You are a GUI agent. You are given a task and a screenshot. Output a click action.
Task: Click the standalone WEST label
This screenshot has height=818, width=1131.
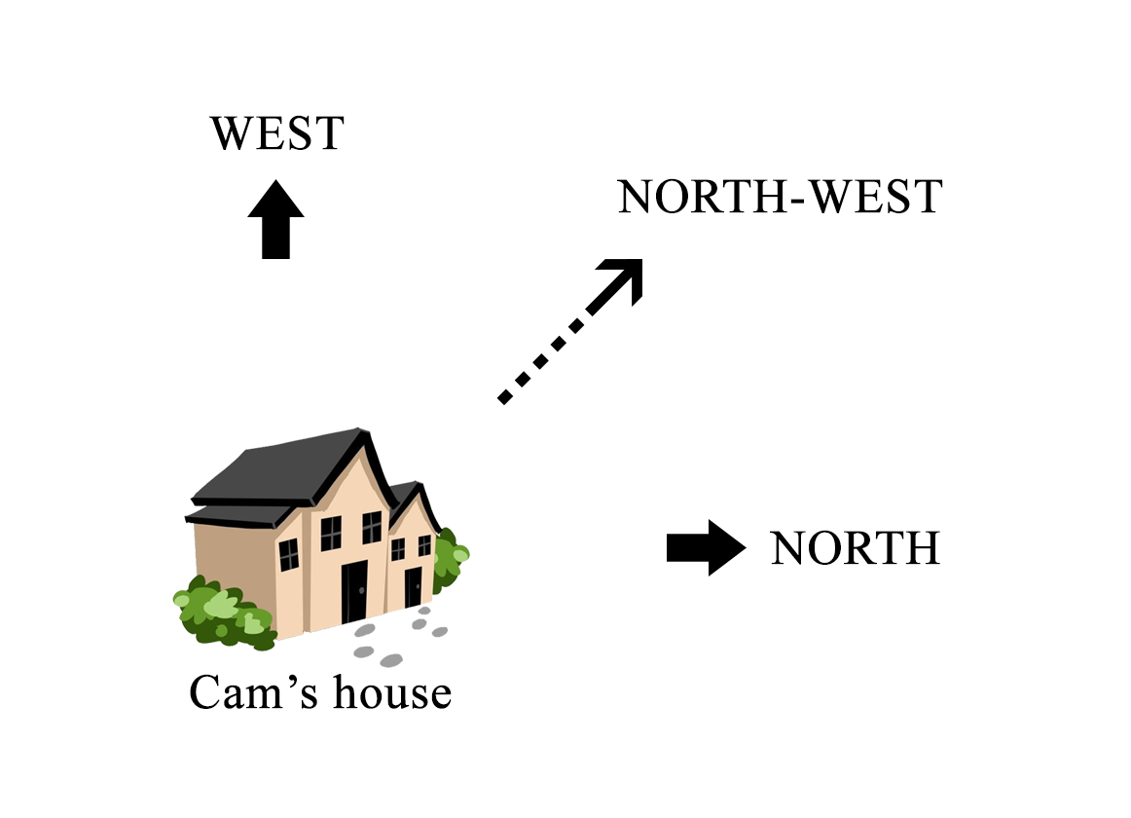tap(277, 133)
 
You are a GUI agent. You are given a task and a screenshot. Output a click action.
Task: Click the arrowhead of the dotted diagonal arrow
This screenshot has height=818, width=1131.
tap(627, 276)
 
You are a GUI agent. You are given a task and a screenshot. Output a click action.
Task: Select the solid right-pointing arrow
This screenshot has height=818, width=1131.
tap(705, 547)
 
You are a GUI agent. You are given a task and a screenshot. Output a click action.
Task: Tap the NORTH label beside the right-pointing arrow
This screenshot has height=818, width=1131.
tap(855, 548)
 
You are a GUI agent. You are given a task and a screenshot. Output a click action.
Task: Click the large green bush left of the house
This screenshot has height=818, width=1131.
tap(219, 612)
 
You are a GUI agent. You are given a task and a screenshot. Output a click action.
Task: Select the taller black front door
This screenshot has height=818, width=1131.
tap(353, 590)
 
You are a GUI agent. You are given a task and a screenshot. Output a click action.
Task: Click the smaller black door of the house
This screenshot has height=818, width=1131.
tap(413, 587)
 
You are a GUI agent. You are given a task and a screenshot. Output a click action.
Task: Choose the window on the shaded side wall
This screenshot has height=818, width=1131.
tap(289, 554)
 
